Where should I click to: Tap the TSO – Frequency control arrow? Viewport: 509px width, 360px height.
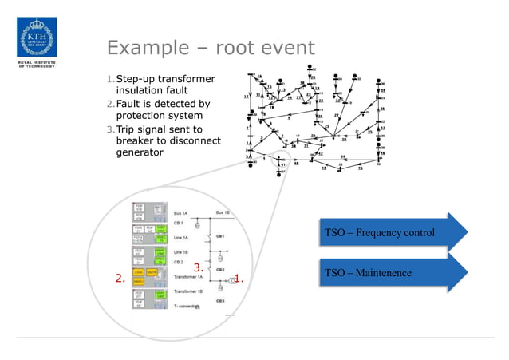point(390,233)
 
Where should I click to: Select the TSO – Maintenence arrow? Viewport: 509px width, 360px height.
point(390,274)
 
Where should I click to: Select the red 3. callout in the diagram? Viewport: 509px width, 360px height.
point(199,268)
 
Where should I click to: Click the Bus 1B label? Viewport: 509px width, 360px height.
point(224,213)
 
